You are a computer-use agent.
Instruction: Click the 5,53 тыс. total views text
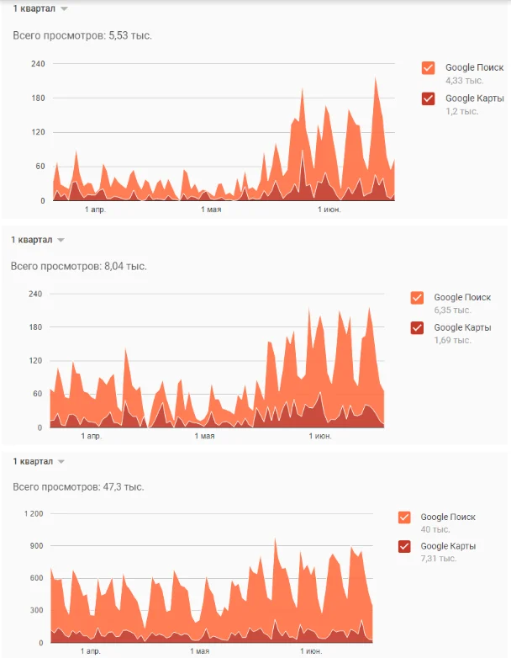pyautogui.click(x=130, y=35)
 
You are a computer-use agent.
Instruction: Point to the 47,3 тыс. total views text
pyautogui.click(x=124, y=487)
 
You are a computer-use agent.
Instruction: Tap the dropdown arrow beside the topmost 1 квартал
pyautogui.click(x=64, y=8)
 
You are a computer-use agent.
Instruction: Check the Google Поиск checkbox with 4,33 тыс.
pyautogui.click(x=429, y=68)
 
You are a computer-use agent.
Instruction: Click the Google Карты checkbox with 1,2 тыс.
pyautogui.click(x=429, y=98)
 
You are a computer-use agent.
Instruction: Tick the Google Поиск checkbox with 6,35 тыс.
pyautogui.click(x=417, y=298)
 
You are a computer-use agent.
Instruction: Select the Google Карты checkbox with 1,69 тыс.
pyautogui.click(x=417, y=328)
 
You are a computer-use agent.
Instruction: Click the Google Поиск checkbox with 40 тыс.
pyautogui.click(x=404, y=517)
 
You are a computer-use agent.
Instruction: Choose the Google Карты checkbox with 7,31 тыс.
pyautogui.click(x=404, y=546)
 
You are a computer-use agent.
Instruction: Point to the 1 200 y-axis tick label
pyautogui.click(x=34, y=513)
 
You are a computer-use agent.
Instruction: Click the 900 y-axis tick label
pyautogui.click(x=36, y=546)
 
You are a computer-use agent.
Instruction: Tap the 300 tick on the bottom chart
pyautogui.click(x=36, y=611)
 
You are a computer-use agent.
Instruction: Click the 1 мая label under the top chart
pyautogui.click(x=211, y=210)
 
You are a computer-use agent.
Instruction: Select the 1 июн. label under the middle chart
pyautogui.click(x=320, y=436)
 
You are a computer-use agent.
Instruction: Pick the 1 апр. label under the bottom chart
pyautogui.click(x=91, y=651)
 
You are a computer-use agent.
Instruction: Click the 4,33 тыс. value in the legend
pyautogui.click(x=465, y=81)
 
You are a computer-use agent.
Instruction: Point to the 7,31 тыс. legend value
pyautogui.click(x=439, y=559)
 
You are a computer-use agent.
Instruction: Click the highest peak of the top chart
pyautogui.click(x=375, y=78)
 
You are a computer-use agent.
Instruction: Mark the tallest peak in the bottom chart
pyautogui.click(x=275, y=539)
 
